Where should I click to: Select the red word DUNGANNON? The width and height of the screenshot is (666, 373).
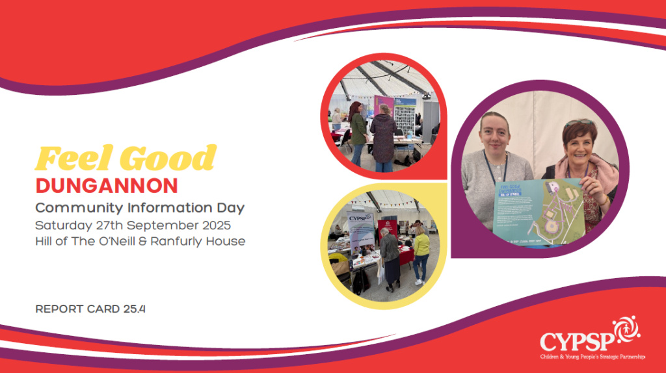click(106, 186)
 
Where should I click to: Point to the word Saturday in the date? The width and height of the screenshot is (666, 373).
click(63, 225)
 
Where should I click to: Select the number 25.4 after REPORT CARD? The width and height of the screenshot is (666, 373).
click(134, 309)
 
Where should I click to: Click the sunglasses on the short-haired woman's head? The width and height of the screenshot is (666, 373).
click(578, 122)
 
